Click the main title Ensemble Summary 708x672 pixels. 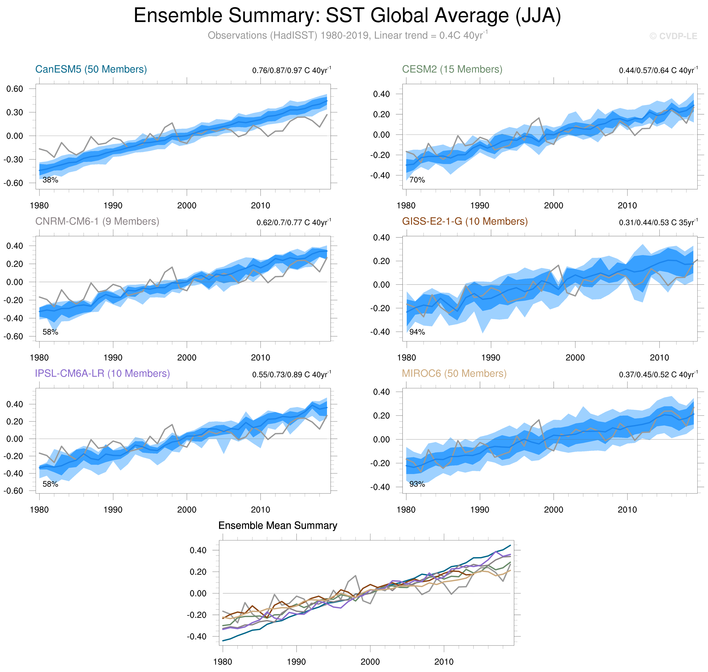[347, 16]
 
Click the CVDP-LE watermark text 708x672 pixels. [673, 36]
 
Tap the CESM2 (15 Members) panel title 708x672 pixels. [452, 69]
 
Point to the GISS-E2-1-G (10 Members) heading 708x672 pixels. [465, 221]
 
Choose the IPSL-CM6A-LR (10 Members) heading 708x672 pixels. [102, 373]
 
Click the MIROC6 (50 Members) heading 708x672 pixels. [454, 373]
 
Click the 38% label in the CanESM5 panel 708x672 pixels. [50, 180]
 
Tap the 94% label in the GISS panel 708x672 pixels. [417, 332]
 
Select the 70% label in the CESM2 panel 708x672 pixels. [417, 180]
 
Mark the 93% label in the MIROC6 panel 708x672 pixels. [417, 484]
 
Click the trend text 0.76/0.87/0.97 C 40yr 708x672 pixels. [292, 70]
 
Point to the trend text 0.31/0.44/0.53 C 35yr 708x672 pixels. [658, 222]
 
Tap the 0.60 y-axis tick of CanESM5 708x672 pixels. [14, 89]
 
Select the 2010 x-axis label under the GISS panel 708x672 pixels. [659, 358]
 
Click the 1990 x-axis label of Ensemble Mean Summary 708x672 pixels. [296, 662]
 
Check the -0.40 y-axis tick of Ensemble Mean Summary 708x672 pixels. [197, 637]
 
